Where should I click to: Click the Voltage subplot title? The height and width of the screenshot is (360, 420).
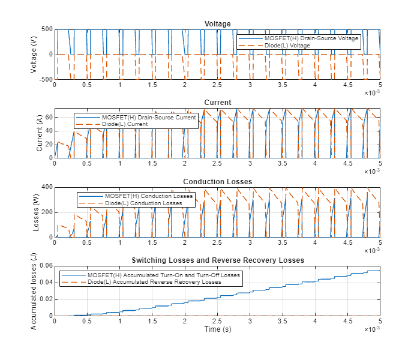click(x=217, y=23)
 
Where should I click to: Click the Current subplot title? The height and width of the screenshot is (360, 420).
click(x=217, y=103)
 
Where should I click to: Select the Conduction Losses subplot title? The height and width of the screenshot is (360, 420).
click(x=217, y=182)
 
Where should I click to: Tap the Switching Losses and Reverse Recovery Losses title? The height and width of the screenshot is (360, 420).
click(x=217, y=260)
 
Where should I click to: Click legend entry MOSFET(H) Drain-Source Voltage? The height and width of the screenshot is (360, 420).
click(x=311, y=38)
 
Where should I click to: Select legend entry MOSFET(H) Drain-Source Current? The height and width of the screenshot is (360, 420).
click(x=149, y=117)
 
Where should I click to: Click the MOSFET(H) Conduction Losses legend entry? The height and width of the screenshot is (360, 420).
click(x=149, y=196)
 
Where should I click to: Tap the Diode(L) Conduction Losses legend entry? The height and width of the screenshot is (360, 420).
click(x=143, y=203)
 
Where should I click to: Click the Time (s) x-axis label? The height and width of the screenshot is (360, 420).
click(x=217, y=329)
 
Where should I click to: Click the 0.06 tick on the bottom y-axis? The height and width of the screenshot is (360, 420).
click(x=45, y=266)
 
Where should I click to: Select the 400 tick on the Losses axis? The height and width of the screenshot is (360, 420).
click(x=46, y=187)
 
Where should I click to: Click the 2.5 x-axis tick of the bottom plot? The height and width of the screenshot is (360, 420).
click(x=217, y=321)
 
